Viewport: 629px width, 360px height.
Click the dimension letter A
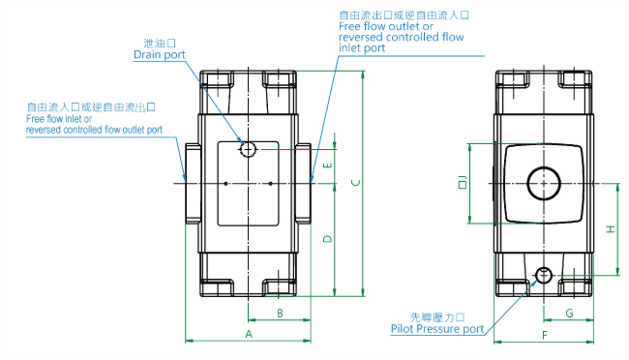coord(249,333)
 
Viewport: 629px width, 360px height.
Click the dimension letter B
coord(279,313)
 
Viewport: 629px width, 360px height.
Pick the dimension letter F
coord(545,334)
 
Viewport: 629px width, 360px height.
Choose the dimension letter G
coord(569,313)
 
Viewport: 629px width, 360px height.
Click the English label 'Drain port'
coord(160,55)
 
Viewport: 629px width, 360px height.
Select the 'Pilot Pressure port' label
coord(437,329)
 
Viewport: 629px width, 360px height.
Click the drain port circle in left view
coord(249,149)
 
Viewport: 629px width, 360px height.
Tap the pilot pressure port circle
coord(544,275)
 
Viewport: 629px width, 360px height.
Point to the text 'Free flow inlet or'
coord(62,119)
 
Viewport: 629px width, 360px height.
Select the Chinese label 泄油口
coord(156,43)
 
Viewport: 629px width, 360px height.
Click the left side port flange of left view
coord(192,182)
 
